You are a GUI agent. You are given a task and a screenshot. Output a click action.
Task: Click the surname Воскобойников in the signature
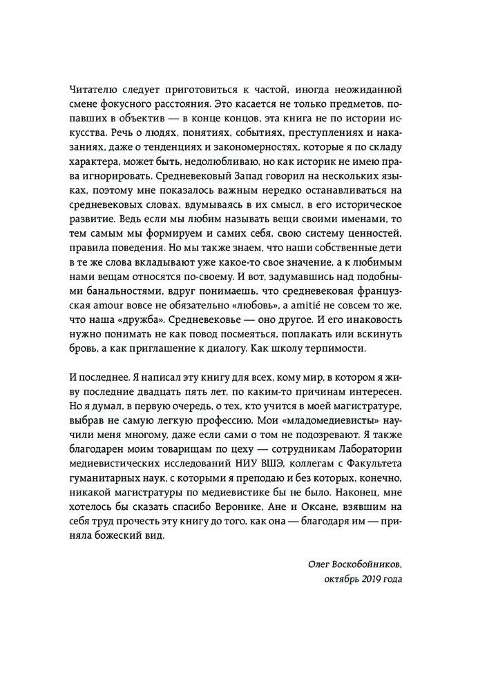pyautogui.click(x=364, y=564)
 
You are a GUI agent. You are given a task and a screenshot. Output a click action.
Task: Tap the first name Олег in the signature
pyautogui.click(x=318, y=564)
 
